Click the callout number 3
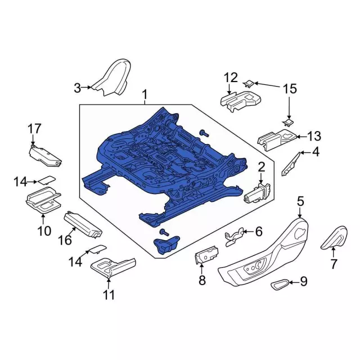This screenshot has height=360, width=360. pos(78,88)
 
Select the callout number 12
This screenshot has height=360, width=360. pos(231,78)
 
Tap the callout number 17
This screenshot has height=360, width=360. pos(34,129)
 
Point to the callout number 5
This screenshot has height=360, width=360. pos(300,201)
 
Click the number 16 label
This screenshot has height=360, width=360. pos(65,240)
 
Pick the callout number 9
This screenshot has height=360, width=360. pos(304,281)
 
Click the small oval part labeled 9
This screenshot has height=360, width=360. pos(280,285)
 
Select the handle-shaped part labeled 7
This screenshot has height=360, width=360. pos(334,237)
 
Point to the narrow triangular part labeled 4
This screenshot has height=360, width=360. pos(291,164)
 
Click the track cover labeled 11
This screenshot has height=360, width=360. pos(113,267)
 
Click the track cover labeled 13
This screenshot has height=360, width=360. pos(277,140)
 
